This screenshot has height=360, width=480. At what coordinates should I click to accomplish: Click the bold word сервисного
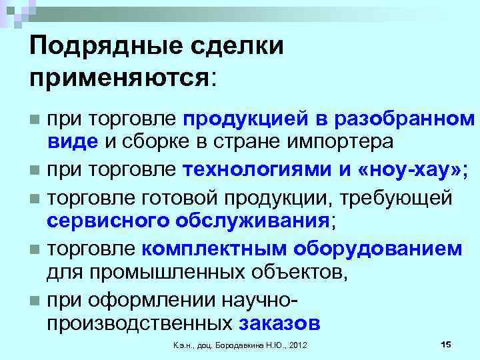[x=109, y=221]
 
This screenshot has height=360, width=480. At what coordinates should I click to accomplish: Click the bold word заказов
[x=279, y=323]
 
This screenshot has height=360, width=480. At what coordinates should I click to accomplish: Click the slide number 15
[x=446, y=343]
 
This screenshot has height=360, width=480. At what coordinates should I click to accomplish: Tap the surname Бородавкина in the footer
[x=246, y=345]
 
